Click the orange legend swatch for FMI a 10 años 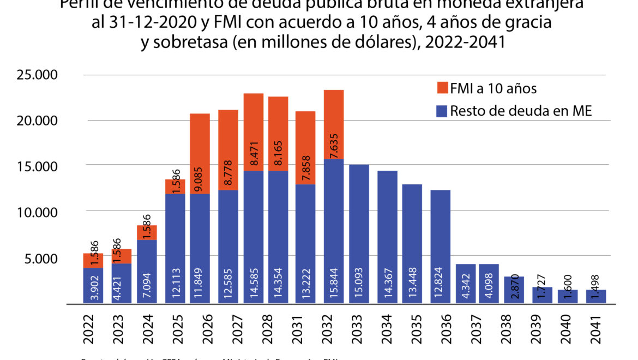coord(441,87)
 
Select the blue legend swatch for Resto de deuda coord(441,111)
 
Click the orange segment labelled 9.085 coord(200,153)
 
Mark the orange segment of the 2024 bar coord(147,232)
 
